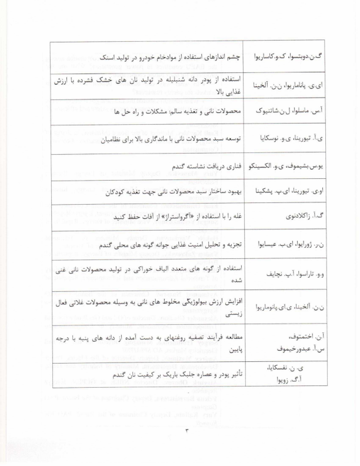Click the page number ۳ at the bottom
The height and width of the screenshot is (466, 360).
point(180,435)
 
